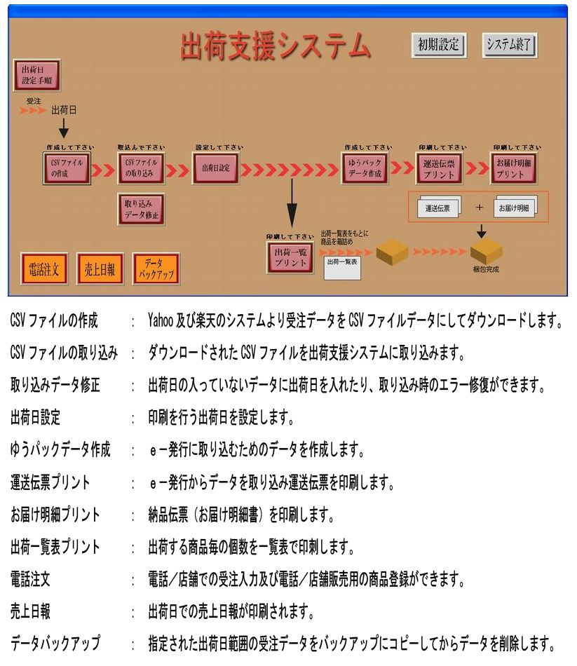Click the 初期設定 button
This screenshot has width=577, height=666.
[x=438, y=45]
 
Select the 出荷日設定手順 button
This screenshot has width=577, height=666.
[x=37, y=75]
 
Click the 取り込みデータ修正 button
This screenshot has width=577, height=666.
[x=140, y=209]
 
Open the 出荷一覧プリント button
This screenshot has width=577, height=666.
[x=290, y=257]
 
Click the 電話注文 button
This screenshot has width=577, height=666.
[x=43, y=269]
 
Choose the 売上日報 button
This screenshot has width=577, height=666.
[x=99, y=269]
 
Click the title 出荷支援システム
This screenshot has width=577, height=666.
[x=274, y=46]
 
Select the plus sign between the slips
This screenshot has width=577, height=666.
[x=480, y=208]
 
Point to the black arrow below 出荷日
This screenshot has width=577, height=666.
[x=64, y=128]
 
